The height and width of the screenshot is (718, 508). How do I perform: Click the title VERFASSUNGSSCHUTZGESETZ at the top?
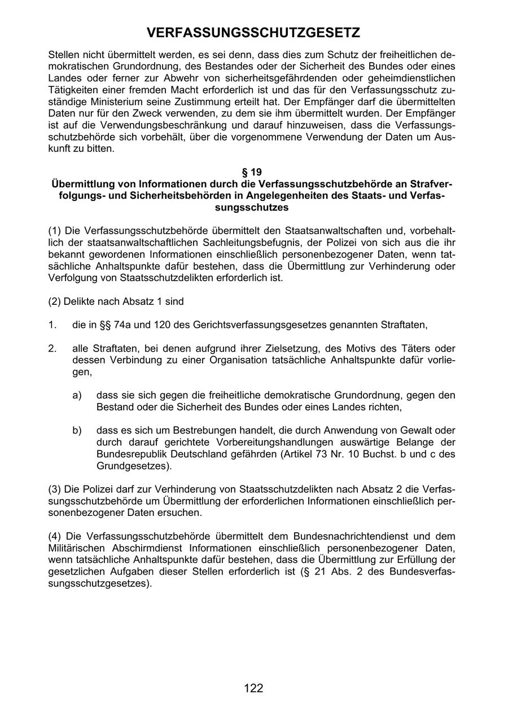253,33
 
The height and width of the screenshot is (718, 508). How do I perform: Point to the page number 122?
253,688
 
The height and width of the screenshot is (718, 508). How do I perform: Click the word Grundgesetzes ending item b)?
133,466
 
